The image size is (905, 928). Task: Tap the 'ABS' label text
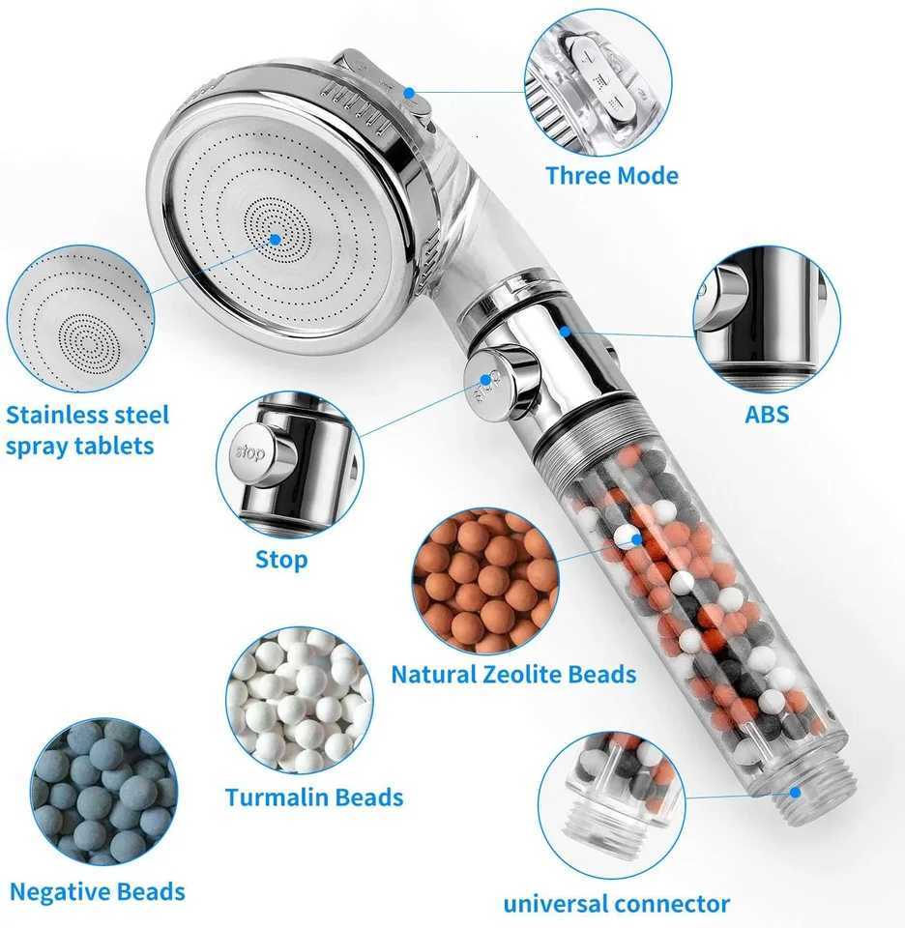(767, 415)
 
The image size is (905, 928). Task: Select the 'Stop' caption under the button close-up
(281, 559)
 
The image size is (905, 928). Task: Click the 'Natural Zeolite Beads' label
(513, 674)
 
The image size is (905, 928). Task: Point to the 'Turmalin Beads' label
(314, 797)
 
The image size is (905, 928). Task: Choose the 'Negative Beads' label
(97, 891)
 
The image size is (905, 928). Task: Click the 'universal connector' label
(616, 905)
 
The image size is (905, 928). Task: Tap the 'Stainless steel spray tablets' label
(87, 430)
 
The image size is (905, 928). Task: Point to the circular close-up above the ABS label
(767, 318)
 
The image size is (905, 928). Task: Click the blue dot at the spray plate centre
(275, 238)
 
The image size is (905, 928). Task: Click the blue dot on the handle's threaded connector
(795, 792)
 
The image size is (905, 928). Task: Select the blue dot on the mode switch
(410, 94)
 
